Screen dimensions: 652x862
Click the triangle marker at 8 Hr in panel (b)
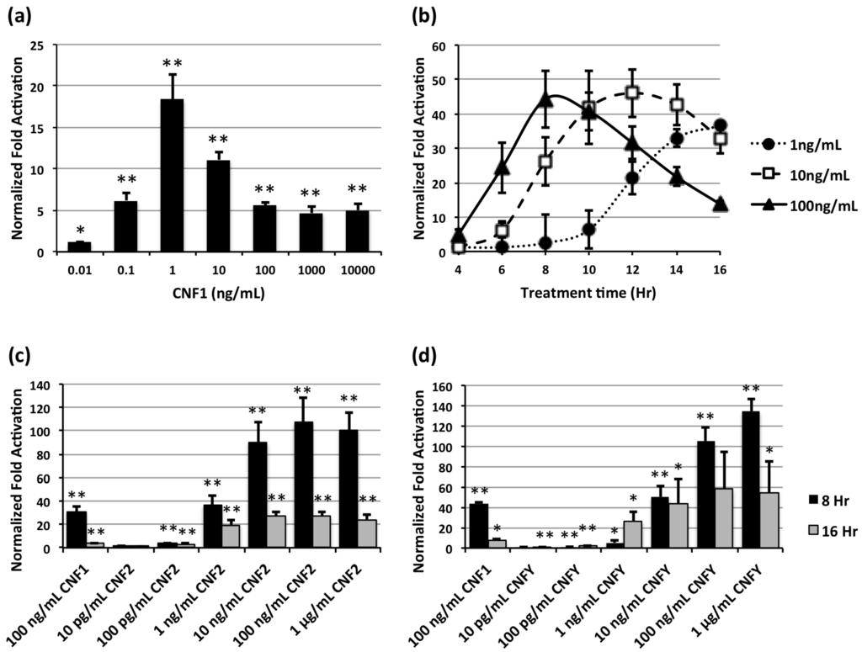coord(545,99)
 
